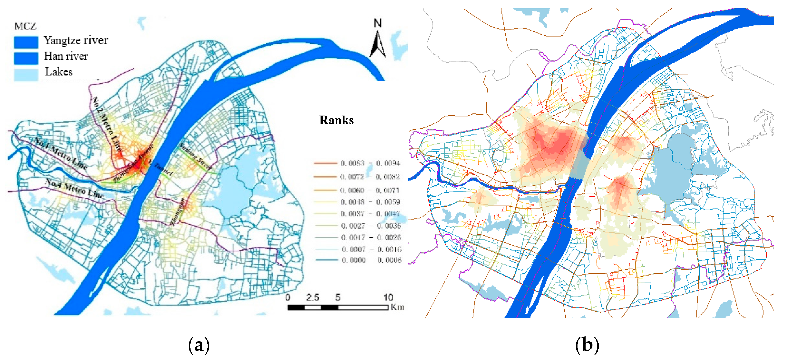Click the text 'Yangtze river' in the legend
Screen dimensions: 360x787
point(76,40)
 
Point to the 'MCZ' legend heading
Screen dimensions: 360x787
point(25,26)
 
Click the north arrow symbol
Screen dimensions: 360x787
point(378,45)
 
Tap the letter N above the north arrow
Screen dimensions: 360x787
point(378,23)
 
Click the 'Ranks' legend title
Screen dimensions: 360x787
point(336,120)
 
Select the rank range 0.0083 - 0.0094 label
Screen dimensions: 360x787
point(370,163)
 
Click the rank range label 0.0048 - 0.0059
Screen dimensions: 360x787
point(370,202)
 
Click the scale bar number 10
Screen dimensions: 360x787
point(388,297)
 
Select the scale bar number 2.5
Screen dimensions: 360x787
point(312,297)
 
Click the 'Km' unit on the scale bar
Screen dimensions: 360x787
point(397,307)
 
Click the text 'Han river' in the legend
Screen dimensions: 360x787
point(66,56)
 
